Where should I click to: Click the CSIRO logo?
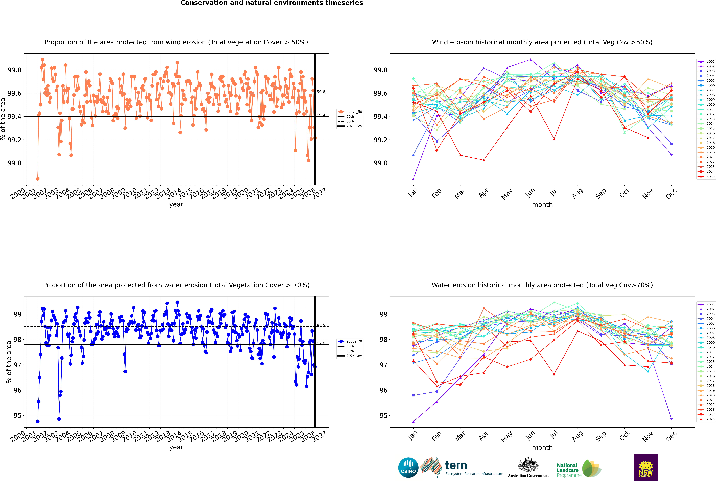pyautogui.click(x=408, y=468)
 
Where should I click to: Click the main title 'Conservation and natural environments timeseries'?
pyautogui.click(x=272, y=3)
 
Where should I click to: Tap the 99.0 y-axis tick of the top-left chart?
pyautogui.click(x=14, y=163)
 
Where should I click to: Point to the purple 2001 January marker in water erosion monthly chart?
pyautogui.click(x=413, y=422)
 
